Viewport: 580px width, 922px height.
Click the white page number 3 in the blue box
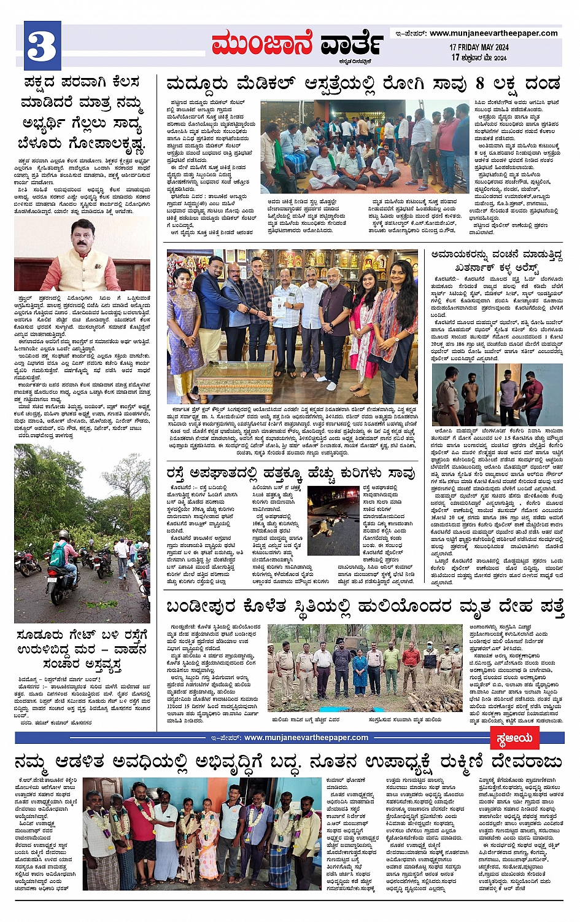tap(42, 46)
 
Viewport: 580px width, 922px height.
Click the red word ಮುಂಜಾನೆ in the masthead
tap(261, 44)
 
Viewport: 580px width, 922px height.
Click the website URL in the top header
tap(493, 33)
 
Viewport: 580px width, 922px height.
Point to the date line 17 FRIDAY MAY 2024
tap(479, 47)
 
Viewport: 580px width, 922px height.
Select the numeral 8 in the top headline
tap(479, 83)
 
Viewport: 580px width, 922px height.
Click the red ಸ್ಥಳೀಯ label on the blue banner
tap(514, 738)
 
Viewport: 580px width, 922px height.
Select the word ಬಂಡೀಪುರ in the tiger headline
tap(200, 607)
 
